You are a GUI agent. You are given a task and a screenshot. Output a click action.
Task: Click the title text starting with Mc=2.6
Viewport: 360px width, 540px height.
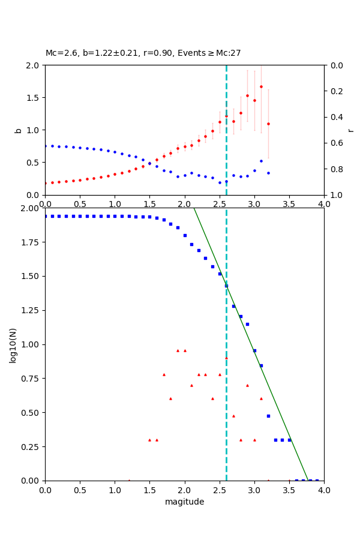143,53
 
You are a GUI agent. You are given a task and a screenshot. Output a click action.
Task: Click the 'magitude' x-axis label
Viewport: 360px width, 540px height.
184,502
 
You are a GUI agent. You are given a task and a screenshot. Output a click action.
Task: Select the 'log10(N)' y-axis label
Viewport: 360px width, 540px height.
13,344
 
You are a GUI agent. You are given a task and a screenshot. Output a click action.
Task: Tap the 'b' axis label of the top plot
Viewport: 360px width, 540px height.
18,130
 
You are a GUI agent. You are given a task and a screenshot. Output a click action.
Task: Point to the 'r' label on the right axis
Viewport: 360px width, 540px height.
350,130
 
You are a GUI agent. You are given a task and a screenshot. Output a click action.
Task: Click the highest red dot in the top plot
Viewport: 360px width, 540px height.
261,86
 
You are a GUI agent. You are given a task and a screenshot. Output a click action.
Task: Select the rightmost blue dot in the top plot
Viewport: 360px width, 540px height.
268,173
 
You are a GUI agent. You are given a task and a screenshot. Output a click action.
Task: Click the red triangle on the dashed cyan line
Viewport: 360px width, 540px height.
226,358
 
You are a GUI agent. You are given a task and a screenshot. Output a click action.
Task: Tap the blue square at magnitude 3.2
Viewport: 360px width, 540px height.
268,416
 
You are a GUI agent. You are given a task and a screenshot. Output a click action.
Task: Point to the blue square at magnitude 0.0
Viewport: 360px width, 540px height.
45,216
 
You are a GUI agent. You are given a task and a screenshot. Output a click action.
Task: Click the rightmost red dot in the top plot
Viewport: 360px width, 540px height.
268,124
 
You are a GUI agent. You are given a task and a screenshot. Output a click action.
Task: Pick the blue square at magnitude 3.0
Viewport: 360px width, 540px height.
254,350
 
